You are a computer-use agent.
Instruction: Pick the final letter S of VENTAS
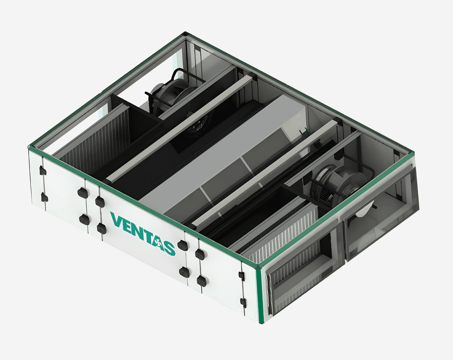[169, 248]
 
